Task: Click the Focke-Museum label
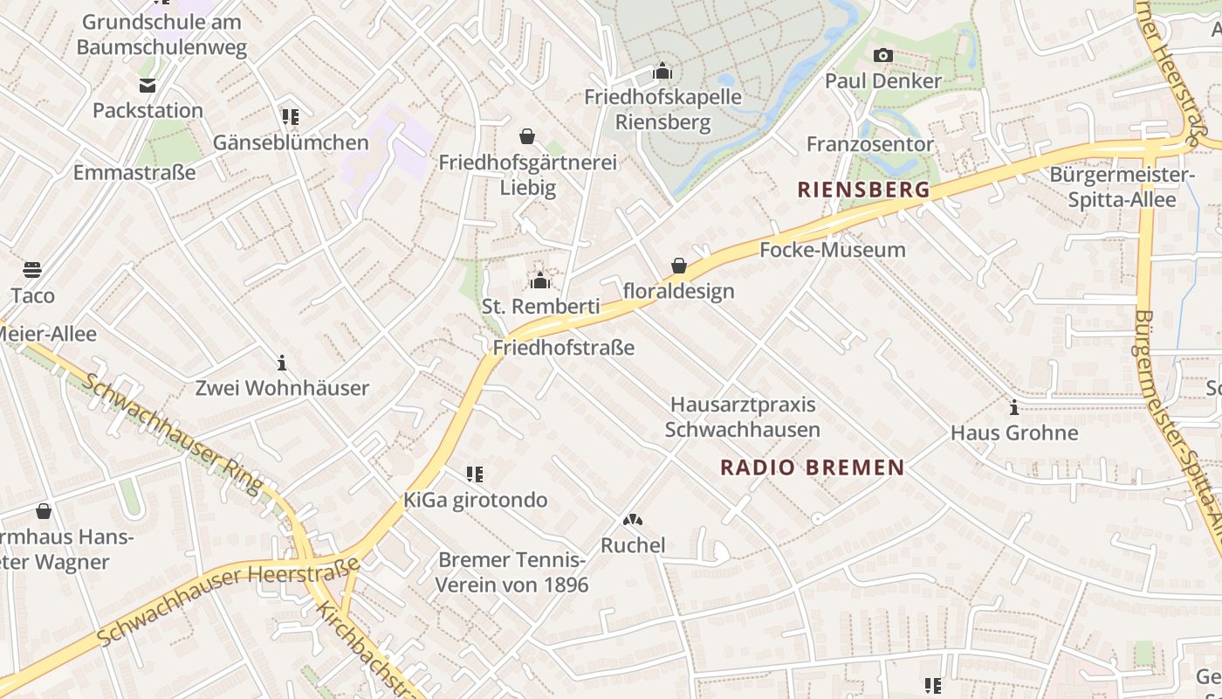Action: point(832,250)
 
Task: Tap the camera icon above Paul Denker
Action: point(883,56)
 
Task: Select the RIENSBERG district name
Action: point(863,190)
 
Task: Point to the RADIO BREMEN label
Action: point(812,467)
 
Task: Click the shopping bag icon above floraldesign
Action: point(679,266)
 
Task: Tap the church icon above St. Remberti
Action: point(540,280)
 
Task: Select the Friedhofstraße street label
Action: point(563,348)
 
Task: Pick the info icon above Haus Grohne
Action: point(1013,407)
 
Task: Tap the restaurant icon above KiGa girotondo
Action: point(475,474)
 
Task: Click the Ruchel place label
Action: point(633,545)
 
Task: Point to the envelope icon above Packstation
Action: point(147,86)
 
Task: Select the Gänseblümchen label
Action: point(291,142)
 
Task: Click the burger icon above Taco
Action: point(32,270)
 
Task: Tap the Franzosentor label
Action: point(869,144)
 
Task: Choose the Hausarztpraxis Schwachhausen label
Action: point(742,417)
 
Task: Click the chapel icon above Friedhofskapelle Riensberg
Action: point(662,71)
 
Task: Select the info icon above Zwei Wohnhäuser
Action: point(281,363)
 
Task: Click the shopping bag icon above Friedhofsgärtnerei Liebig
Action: point(527,136)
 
